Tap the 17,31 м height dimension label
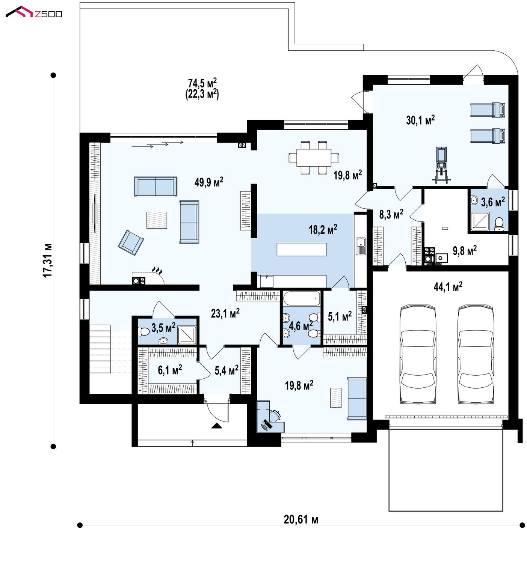pos(48,260)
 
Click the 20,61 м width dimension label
pos(301,519)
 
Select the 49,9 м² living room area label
pos(209,182)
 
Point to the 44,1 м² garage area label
pos(448,287)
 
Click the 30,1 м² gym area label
pos(420,120)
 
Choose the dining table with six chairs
pos(314,157)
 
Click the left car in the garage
pos(418,354)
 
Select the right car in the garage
pos(476,354)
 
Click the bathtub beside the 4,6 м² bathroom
pos(301,299)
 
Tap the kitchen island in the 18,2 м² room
pos(302,249)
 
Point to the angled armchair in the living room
pos(131,242)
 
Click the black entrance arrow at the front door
pos(217,426)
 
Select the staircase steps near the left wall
pos(100,349)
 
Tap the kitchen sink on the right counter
pos(361,246)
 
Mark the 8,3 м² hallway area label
pos(391,214)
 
